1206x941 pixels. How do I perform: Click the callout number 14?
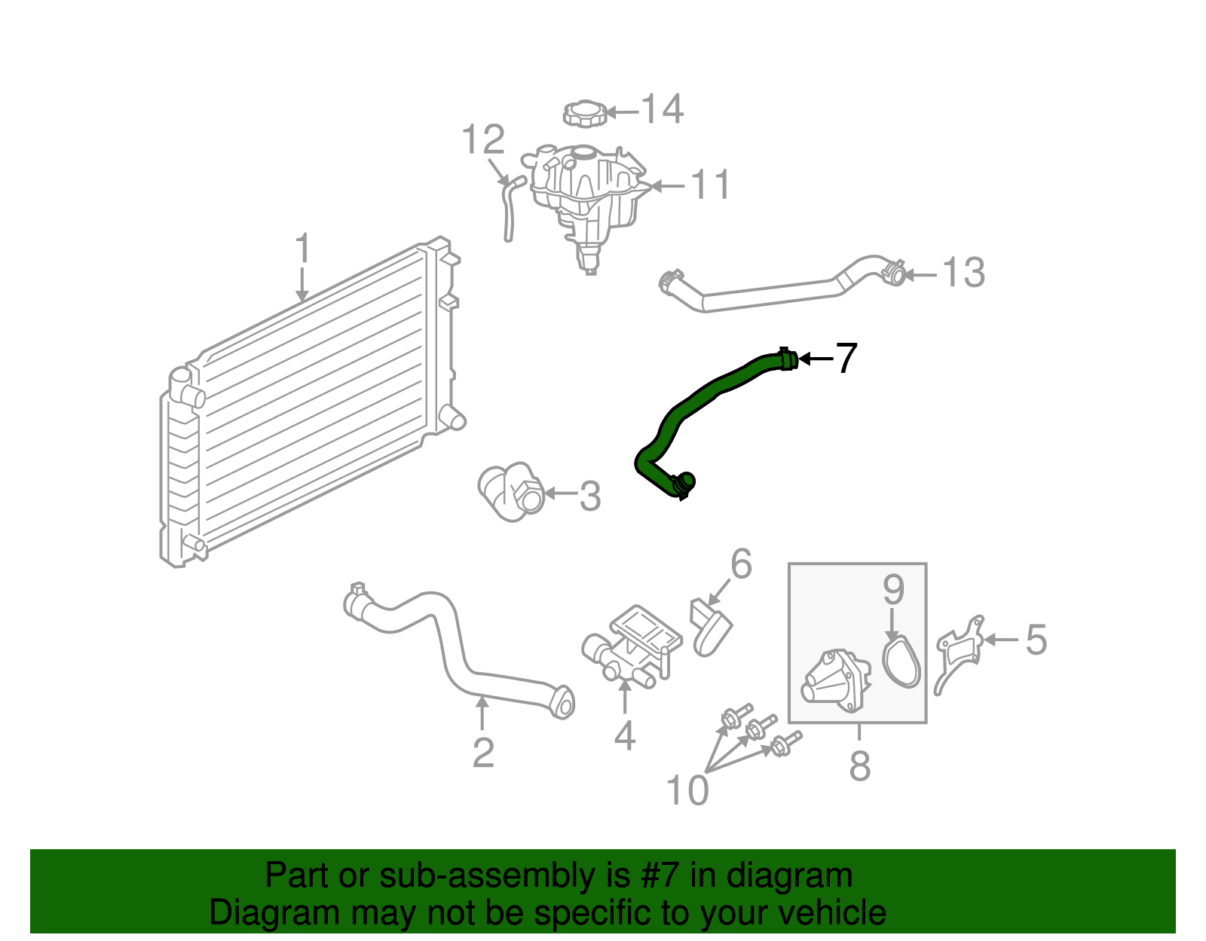pos(663,110)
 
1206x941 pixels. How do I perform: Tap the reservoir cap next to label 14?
pos(586,114)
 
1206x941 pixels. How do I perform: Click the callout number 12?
pos(482,140)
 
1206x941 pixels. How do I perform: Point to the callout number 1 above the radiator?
pos(302,249)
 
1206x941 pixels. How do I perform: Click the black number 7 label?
pos(846,359)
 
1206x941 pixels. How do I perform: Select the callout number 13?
pos(963,273)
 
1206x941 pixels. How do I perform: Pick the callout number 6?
pos(741,564)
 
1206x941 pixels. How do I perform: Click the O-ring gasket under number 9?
pos(902,662)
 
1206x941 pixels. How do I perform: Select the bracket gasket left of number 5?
pos(959,652)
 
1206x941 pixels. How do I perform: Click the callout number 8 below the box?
pos(859,766)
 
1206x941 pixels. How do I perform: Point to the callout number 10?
pos(687,791)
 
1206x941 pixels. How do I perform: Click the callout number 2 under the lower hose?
pos(483,753)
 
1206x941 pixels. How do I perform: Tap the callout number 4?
pos(624,736)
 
